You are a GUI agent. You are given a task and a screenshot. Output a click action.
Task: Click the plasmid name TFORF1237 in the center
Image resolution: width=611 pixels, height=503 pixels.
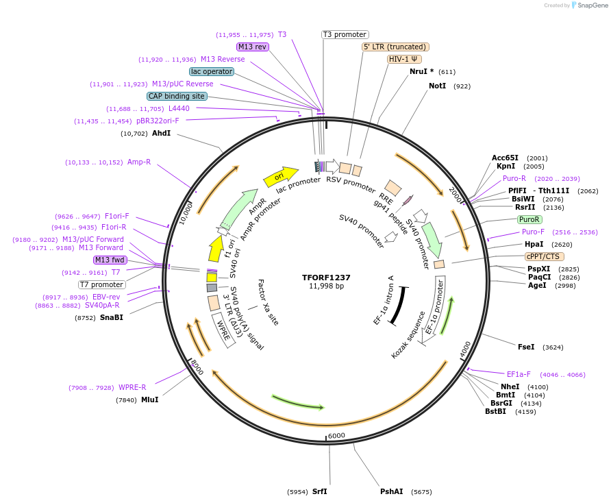pos(326,278)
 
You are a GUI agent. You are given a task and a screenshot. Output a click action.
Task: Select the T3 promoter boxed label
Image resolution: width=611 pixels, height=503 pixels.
pos(345,34)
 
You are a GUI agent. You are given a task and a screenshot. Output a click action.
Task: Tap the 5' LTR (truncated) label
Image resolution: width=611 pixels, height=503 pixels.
pos(395,47)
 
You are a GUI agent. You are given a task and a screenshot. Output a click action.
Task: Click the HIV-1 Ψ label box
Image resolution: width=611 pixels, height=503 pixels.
pos(405,59)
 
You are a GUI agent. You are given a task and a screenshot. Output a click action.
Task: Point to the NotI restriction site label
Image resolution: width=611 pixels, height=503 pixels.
pos(437,86)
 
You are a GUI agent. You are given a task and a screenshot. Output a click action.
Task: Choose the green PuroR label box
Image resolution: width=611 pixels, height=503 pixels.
pos(529,219)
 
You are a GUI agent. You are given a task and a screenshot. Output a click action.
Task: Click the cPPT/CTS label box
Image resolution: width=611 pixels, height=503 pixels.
pos(543,256)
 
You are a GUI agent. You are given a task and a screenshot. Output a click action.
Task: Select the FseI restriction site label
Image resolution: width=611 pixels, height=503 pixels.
pos(526,347)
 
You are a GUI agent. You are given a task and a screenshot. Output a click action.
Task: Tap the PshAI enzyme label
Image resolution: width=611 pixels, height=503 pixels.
pos(392,491)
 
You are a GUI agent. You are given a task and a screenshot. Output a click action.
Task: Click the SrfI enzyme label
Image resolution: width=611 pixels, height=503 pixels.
pos(320,491)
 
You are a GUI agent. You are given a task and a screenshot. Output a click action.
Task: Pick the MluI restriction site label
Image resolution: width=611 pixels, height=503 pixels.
pos(149,400)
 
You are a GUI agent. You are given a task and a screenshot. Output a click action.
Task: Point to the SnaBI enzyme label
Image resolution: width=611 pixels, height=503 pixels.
pos(112,317)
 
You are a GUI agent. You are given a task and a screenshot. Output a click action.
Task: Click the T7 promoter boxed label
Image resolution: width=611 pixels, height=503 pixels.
pos(101,284)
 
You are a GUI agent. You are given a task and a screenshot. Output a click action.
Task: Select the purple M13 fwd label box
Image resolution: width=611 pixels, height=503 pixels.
pos(110,260)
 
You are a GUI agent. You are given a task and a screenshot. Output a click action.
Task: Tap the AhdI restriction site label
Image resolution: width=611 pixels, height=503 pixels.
pos(161,133)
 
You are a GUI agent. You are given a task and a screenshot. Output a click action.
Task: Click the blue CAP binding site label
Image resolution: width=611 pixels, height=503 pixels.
pos(176,96)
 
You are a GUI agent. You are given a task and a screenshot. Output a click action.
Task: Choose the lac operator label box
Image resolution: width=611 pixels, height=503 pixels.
pos(212,71)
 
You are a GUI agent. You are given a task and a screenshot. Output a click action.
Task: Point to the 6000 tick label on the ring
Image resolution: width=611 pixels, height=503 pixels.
pos(336,436)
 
